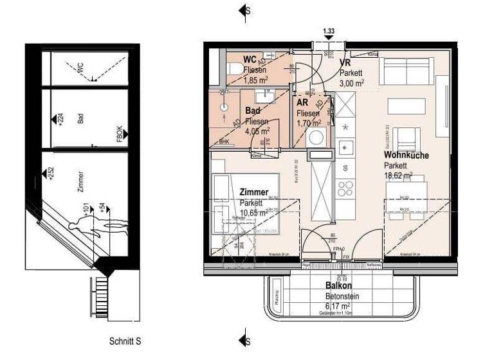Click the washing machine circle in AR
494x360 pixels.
(x=317, y=136)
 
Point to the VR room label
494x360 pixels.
(x=345, y=63)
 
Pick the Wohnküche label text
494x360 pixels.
(x=407, y=156)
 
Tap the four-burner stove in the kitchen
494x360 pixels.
(x=346, y=189)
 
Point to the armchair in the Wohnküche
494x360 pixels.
(x=406, y=138)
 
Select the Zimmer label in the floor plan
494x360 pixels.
(x=253, y=192)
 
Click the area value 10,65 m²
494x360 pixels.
(x=253, y=213)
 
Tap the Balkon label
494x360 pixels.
(x=337, y=285)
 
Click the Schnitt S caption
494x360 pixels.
(x=125, y=341)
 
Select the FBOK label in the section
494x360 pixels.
(x=119, y=133)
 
